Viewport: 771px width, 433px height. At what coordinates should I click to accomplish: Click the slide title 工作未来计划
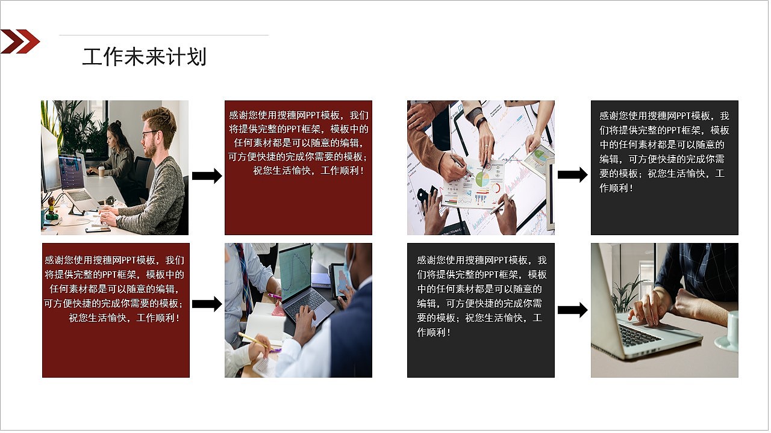tap(144, 57)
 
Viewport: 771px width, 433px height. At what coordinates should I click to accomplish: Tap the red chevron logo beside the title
tap(20, 41)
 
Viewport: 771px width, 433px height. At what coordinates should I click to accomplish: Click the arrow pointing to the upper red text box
tap(207, 176)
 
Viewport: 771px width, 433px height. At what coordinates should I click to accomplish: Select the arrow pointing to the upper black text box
tap(572, 175)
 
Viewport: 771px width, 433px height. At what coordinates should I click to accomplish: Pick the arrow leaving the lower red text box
tap(207, 304)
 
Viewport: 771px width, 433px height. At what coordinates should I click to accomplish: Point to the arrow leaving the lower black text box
tap(572, 310)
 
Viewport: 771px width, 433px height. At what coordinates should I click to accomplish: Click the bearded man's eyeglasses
tap(150, 133)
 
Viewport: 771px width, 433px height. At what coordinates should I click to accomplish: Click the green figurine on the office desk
tap(52, 208)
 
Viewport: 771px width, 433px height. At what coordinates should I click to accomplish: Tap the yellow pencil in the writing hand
tap(257, 341)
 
